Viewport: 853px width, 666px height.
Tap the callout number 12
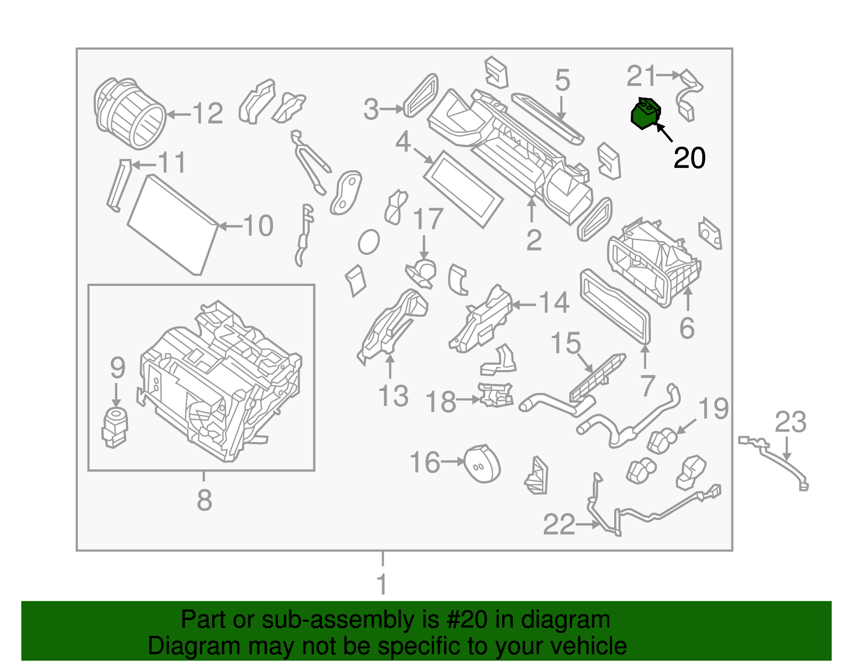pyautogui.click(x=207, y=114)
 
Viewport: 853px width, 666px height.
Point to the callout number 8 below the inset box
pyautogui.click(x=204, y=500)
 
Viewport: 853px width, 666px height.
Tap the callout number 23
pyautogui.click(x=790, y=422)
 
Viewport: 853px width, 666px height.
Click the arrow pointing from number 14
pyautogui.click(x=524, y=305)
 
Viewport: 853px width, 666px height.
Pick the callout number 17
pyautogui.click(x=428, y=219)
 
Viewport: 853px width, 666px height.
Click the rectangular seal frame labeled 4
pyautogui.click(x=463, y=189)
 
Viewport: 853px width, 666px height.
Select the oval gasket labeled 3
pyautogui.click(x=421, y=95)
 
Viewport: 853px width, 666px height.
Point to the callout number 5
pyautogui.click(x=562, y=81)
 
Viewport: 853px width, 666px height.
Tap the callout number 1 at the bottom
pyautogui.click(x=382, y=584)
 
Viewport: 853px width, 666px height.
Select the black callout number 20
pyautogui.click(x=689, y=158)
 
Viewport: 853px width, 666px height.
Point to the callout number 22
pyautogui.click(x=559, y=525)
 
